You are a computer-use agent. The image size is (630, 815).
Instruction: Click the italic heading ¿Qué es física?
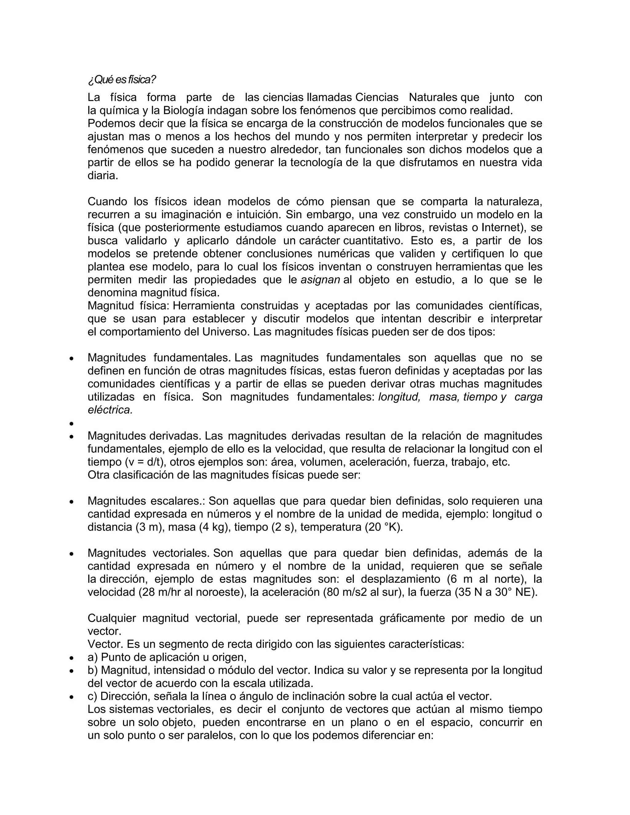[122, 79]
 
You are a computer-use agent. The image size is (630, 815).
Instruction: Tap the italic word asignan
[320, 280]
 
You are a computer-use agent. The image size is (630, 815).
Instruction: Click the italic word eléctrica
[110, 410]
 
